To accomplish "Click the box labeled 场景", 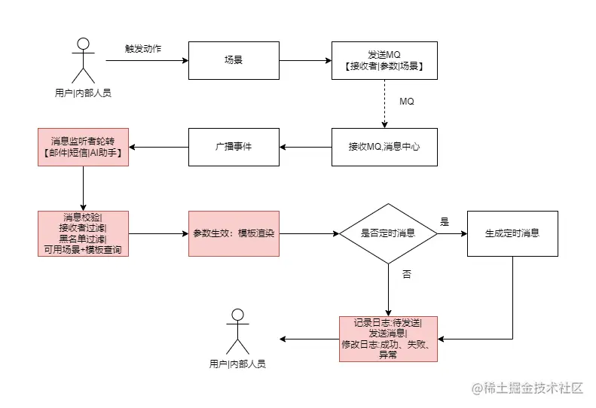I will [x=233, y=60].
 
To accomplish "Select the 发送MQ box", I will [x=384, y=60].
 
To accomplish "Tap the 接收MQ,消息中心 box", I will [x=384, y=147].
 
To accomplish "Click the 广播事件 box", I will [x=233, y=147].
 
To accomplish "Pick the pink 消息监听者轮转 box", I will [x=83, y=147].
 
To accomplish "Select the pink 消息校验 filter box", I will [x=83, y=233].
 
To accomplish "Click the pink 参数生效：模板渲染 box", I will [x=234, y=233].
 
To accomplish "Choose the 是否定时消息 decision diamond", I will [x=388, y=233].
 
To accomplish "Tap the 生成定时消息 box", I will [x=512, y=233].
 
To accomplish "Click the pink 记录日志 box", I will [x=388, y=339].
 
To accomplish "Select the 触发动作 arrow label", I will [x=143, y=49].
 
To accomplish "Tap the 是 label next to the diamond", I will [x=445, y=222].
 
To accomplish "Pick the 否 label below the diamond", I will [x=407, y=276].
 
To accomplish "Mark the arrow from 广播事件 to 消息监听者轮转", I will [x=157, y=147].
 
